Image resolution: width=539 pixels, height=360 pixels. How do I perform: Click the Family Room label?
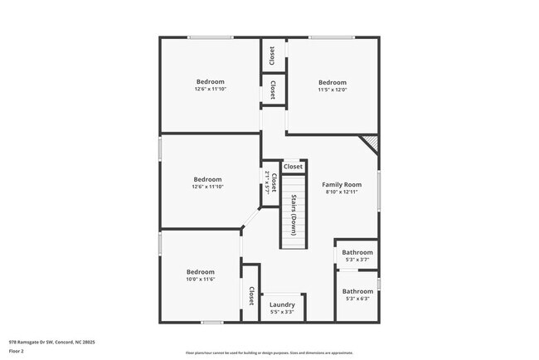[342, 184]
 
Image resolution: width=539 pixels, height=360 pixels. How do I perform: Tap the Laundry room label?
[282, 304]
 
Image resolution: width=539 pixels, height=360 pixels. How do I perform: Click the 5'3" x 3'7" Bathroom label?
[357, 252]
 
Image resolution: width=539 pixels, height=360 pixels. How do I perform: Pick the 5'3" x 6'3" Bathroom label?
[357, 291]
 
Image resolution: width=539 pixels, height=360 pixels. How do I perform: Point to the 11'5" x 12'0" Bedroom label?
[333, 82]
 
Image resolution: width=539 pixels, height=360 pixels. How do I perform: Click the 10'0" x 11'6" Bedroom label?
[201, 272]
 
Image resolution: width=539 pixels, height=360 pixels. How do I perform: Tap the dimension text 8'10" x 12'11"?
[342, 192]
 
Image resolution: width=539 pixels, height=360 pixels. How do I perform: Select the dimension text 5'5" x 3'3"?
[282, 313]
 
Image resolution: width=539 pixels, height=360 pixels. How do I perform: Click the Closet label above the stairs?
[294, 167]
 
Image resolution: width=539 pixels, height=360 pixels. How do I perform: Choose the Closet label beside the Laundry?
[251, 294]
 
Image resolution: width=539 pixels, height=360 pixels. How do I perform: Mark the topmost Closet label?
[272, 55]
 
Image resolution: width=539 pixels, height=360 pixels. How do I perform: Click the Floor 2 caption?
[16, 351]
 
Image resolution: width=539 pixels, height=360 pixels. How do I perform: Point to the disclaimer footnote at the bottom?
[269, 353]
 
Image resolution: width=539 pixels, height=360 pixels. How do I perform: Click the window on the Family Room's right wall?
[379, 192]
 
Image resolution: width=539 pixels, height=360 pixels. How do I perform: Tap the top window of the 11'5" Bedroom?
[333, 37]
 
